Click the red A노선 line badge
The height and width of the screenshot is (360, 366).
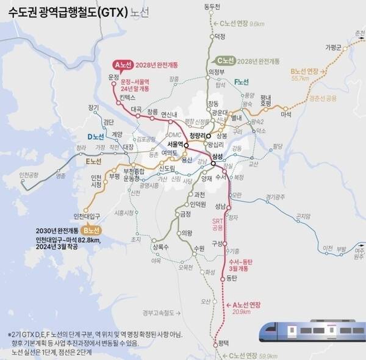coord(122,64)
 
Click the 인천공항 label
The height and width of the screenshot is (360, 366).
coord(29,175)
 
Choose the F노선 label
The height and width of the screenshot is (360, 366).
coord(242,81)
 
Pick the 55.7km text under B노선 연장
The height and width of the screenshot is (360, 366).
coord(302,79)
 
